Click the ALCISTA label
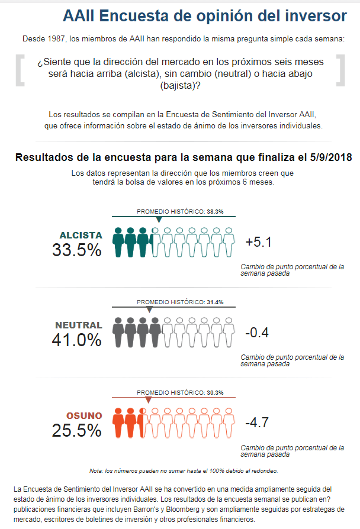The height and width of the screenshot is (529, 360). tap(81, 235)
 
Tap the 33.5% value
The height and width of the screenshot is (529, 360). tap(77, 250)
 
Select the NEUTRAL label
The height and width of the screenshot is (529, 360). tap(78, 325)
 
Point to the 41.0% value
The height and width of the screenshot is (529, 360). tap(77, 340)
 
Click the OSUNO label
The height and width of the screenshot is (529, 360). tap(80, 415)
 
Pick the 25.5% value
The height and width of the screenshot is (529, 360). tap(77, 431)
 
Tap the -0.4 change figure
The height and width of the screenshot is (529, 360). tap(257, 333)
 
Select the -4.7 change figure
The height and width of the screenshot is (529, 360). tap(257, 422)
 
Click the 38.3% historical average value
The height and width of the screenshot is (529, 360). tap(214, 211)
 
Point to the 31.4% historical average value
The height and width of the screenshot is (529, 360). tap(214, 302)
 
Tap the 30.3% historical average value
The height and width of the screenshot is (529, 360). tap(214, 392)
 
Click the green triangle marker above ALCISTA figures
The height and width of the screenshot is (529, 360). tap(159, 220)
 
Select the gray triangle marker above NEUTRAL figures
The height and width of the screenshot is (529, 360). tap(149, 309)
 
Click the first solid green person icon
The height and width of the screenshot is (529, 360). tap(118, 242)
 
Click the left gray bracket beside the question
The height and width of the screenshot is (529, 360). tap(20, 70)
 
